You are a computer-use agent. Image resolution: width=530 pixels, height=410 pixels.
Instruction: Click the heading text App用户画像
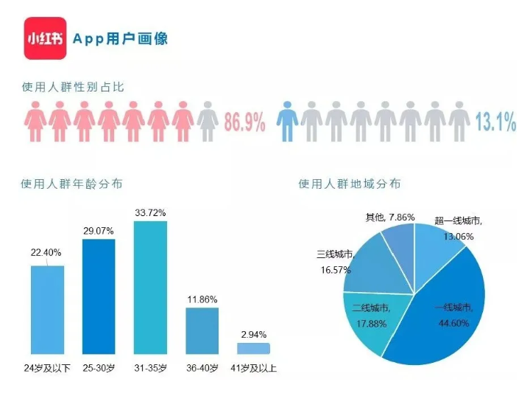[x=120, y=38]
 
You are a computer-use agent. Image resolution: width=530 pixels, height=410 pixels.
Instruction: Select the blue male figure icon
[x=287, y=121]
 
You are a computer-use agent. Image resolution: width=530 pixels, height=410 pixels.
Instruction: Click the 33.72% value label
[x=150, y=212]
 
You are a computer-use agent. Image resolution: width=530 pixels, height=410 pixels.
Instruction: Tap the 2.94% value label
[x=253, y=334]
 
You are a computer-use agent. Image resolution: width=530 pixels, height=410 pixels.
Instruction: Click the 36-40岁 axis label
[x=202, y=367]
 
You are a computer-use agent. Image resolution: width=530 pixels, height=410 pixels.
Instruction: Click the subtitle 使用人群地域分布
[x=350, y=184]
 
